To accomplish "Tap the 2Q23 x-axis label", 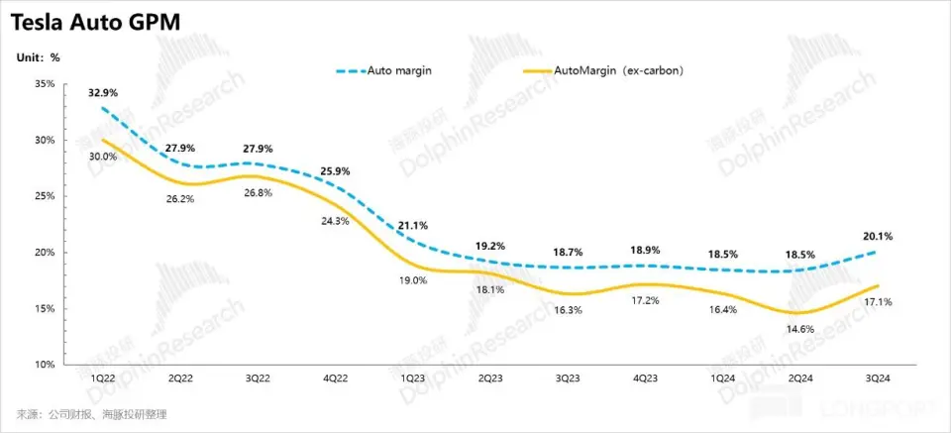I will [x=488, y=379].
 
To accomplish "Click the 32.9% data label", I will [x=103, y=93].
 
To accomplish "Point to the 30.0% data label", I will [x=103, y=157].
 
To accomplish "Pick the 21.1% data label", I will [x=412, y=225].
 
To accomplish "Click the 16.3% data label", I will [x=567, y=309].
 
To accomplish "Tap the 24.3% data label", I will [x=335, y=221].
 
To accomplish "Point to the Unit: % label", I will [x=37, y=57].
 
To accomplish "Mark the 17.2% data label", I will [x=644, y=298].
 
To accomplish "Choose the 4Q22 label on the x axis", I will [x=335, y=379].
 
